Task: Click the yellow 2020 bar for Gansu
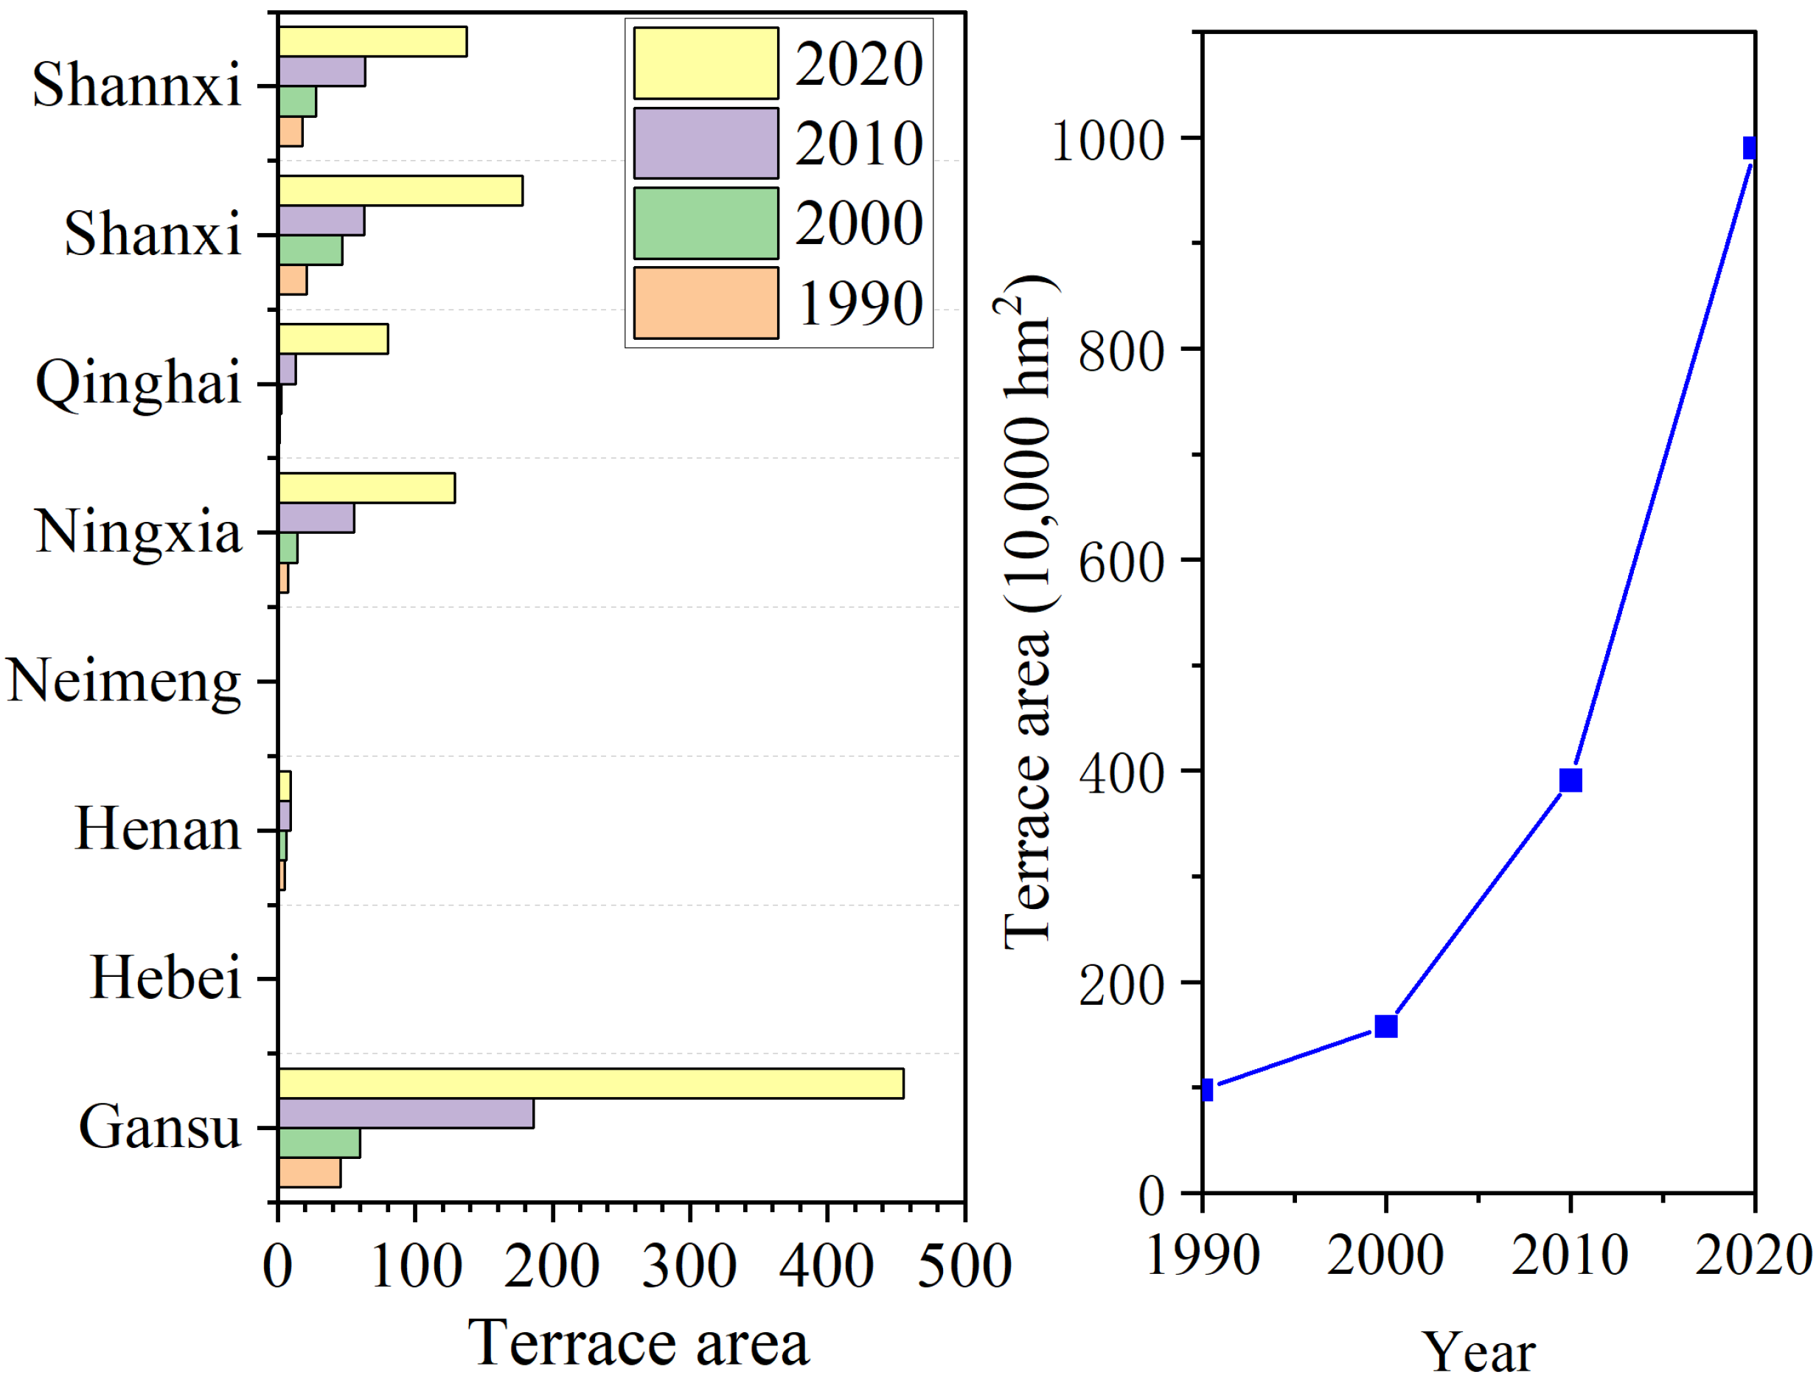tap(591, 1083)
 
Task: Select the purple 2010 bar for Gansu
tap(406, 1113)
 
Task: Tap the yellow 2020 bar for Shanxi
tap(400, 190)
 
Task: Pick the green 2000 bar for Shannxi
tap(297, 101)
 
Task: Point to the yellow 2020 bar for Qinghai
tap(333, 339)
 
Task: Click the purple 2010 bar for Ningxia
tap(316, 518)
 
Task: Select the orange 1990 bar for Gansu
tap(310, 1172)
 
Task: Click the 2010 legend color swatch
tap(706, 143)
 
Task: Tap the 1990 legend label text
tap(859, 304)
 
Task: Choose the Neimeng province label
tap(124, 681)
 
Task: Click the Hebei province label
tap(165, 978)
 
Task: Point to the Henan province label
tap(158, 829)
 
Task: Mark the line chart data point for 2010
tap(1571, 780)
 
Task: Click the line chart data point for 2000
tap(1386, 1025)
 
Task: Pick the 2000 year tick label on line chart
tap(1385, 1256)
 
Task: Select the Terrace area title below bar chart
tap(639, 1343)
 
